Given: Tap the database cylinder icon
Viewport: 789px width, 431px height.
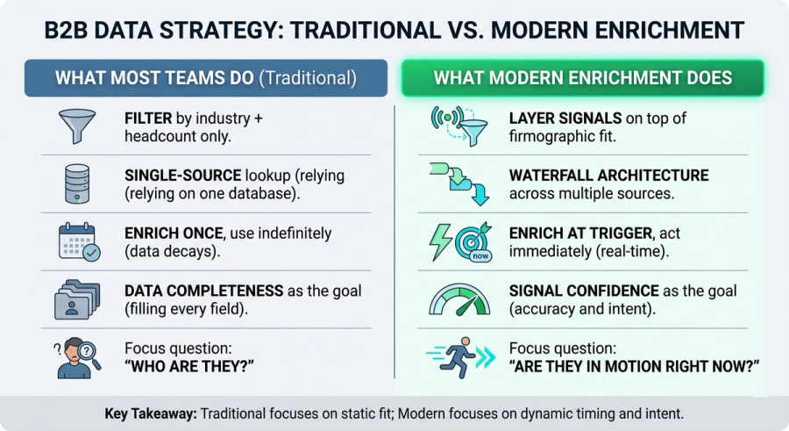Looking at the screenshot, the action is [x=77, y=184].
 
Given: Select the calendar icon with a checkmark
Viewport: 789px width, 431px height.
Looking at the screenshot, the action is [x=79, y=242].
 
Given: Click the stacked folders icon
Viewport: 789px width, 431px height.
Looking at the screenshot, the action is [x=77, y=299].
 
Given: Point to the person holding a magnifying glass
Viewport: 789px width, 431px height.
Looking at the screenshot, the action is [x=77, y=357].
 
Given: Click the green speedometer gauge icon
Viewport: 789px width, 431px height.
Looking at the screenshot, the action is [x=459, y=299].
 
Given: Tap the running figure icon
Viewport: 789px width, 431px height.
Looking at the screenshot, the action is [x=460, y=357].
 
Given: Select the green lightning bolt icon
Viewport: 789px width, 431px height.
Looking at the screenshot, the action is [x=439, y=242].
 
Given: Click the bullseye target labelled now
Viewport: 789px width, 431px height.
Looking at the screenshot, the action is [x=473, y=242].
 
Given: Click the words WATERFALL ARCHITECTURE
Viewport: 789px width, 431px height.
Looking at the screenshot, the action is [x=609, y=176].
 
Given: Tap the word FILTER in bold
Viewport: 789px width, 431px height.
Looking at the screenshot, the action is [x=148, y=119].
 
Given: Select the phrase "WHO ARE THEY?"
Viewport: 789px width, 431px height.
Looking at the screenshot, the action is [x=189, y=366].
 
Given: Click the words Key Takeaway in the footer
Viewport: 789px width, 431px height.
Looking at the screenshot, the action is [x=151, y=413].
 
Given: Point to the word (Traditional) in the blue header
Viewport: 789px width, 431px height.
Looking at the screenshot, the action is [x=308, y=78].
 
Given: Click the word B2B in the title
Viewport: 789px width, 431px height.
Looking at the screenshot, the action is [x=66, y=30].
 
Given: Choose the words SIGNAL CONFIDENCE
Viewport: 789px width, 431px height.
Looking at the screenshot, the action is [x=584, y=291].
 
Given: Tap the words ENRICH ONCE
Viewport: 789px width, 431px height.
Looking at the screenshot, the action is [x=174, y=233].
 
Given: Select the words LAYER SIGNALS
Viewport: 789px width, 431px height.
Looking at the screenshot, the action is [x=565, y=119].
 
